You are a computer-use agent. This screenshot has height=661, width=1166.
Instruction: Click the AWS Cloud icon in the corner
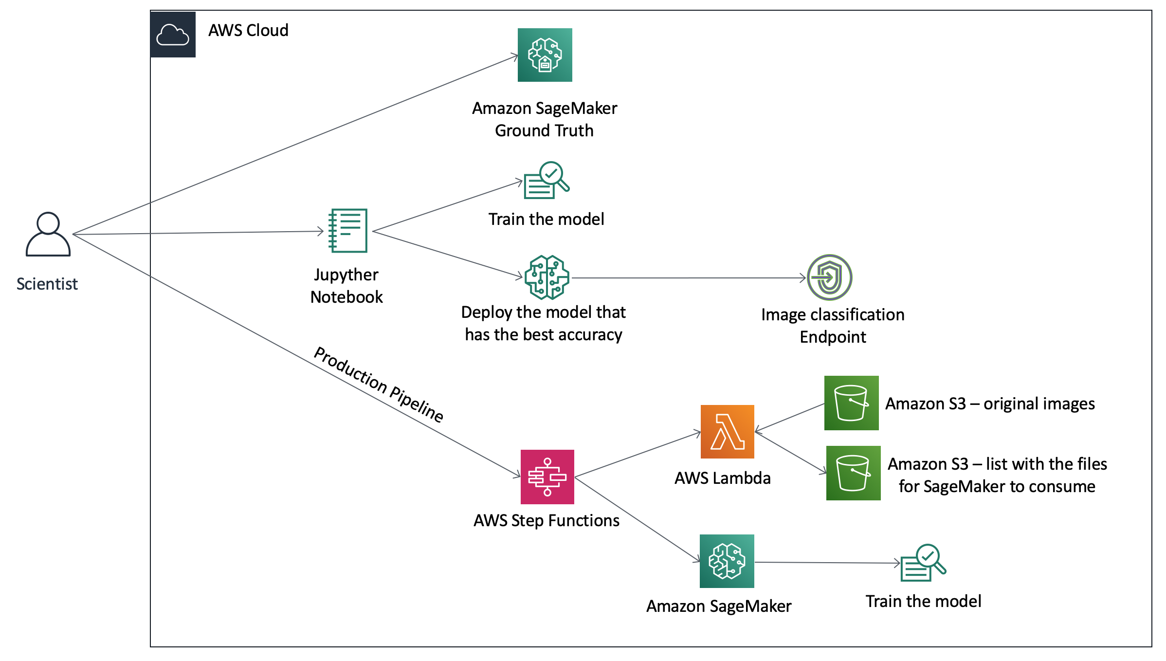click(173, 35)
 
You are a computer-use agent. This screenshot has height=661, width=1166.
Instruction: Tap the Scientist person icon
click(48, 234)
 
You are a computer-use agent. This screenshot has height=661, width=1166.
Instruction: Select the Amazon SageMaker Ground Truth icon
click(545, 55)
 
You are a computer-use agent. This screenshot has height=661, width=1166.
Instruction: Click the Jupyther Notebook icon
click(348, 231)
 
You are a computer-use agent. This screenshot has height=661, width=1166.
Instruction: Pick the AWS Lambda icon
click(728, 432)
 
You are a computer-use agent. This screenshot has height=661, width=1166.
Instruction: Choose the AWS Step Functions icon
click(547, 477)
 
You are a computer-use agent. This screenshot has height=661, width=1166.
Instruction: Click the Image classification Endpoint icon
click(830, 277)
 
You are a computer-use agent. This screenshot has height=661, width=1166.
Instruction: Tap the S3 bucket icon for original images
click(852, 403)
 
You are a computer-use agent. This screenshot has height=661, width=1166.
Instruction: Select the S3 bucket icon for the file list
click(854, 473)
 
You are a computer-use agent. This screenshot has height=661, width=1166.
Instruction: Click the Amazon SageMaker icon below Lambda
click(727, 561)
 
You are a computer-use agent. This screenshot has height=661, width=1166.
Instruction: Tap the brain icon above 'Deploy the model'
click(547, 277)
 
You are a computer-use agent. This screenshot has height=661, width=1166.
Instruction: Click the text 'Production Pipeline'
click(379, 385)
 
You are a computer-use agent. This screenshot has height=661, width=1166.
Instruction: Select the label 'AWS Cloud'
click(248, 31)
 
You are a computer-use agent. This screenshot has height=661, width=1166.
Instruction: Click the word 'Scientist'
click(47, 284)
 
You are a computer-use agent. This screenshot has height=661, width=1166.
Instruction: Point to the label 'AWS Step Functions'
click(547, 521)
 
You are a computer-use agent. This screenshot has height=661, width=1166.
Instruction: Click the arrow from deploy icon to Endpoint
click(689, 278)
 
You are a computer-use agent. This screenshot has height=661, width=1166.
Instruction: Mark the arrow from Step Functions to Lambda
click(638, 454)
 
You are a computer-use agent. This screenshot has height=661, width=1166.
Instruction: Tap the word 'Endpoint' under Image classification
click(833, 337)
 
